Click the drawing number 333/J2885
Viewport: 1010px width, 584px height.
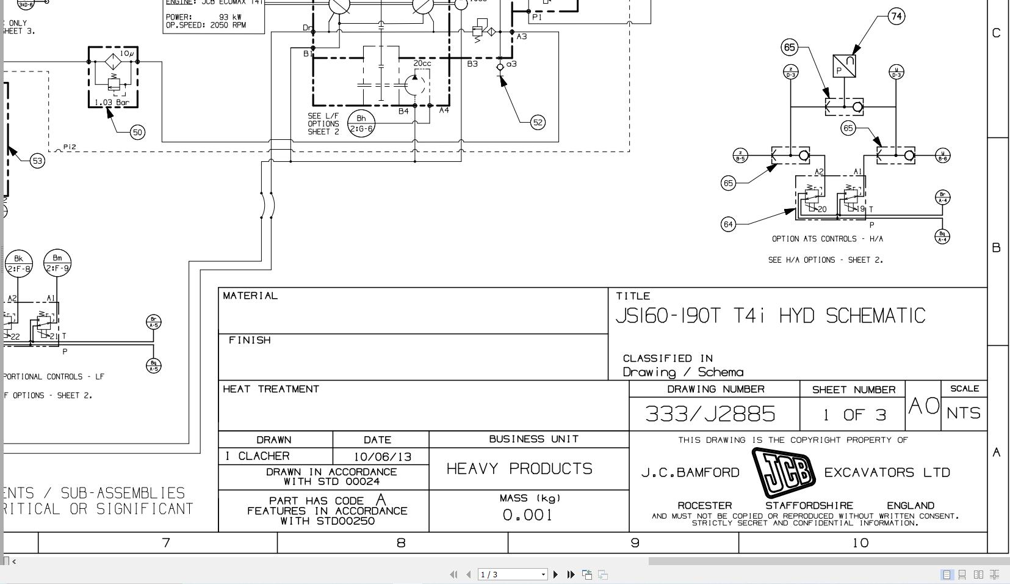(710, 414)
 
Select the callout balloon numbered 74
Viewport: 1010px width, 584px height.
(896, 16)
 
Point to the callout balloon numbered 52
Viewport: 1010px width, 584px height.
(537, 122)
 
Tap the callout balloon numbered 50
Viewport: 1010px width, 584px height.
(138, 132)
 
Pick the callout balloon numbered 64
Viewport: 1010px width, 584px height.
(727, 224)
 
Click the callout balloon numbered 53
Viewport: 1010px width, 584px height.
(37, 161)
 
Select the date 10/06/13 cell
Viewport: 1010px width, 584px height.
(378, 456)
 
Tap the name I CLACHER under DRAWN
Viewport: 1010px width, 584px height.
(257, 456)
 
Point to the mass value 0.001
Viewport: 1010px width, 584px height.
(527, 515)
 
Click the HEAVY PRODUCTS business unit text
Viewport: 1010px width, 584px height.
(519, 469)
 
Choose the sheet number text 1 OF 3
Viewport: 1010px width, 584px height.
(853, 415)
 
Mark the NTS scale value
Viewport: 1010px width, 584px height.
(964, 414)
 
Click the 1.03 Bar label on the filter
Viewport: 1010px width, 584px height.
(112, 102)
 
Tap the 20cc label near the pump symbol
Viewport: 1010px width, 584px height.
(422, 63)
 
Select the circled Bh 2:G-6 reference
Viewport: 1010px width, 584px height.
(361, 123)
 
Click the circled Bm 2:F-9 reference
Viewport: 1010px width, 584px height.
(57, 263)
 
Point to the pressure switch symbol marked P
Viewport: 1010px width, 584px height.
(844, 67)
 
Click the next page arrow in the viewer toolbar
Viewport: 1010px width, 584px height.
(555, 574)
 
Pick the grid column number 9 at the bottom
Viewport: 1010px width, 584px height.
(635, 542)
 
